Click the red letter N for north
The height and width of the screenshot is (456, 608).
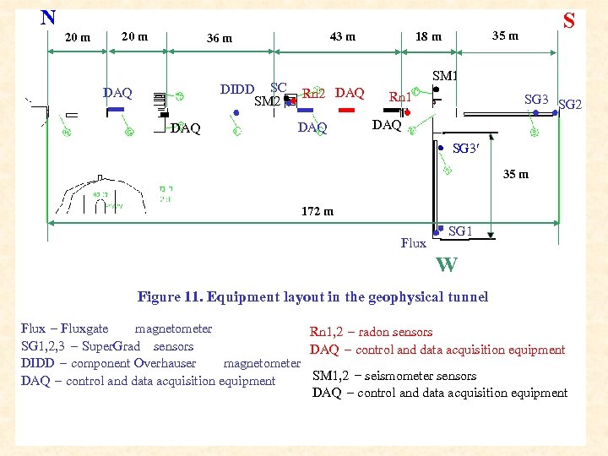(x=48, y=17)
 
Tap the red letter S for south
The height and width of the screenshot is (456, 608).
(x=569, y=20)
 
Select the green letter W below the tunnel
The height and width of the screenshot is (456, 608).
(x=447, y=265)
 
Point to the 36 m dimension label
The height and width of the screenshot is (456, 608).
(x=220, y=38)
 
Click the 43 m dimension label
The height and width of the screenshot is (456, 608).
(x=342, y=36)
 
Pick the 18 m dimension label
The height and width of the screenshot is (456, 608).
(x=428, y=36)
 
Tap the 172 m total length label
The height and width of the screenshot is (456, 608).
(x=317, y=211)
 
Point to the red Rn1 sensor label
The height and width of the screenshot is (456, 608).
(x=400, y=97)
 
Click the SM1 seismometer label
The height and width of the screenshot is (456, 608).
(x=445, y=76)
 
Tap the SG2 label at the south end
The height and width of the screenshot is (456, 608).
(x=571, y=105)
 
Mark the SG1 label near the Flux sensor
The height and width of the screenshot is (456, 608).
(x=460, y=231)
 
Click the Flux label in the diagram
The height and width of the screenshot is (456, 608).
(x=414, y=243)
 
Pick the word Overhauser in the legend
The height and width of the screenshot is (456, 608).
(x=165, y=363)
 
